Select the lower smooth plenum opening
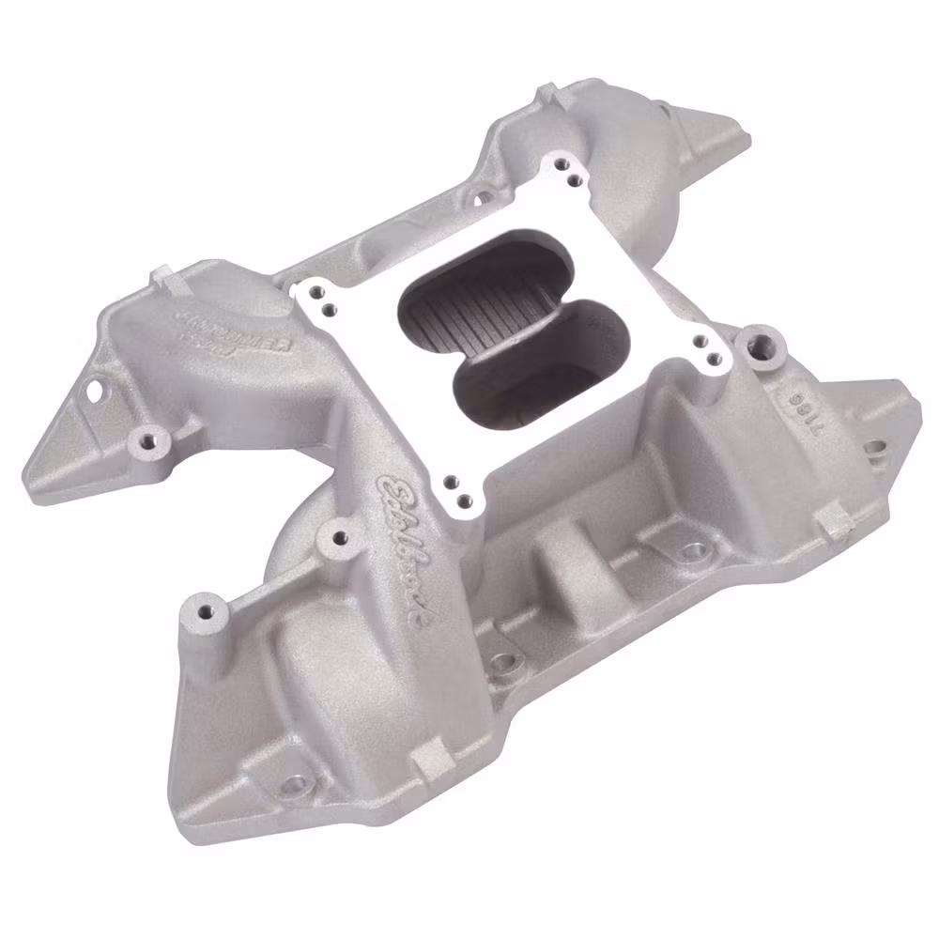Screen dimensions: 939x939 pyautogui.click(x=531, y=366)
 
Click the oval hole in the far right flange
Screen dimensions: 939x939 pyautogui.click(x=875, y=450)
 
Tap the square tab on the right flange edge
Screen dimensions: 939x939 pyautogui.click(x=829, y=519)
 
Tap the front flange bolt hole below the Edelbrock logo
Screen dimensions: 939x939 pyautogui.click(x=503, y=662)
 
